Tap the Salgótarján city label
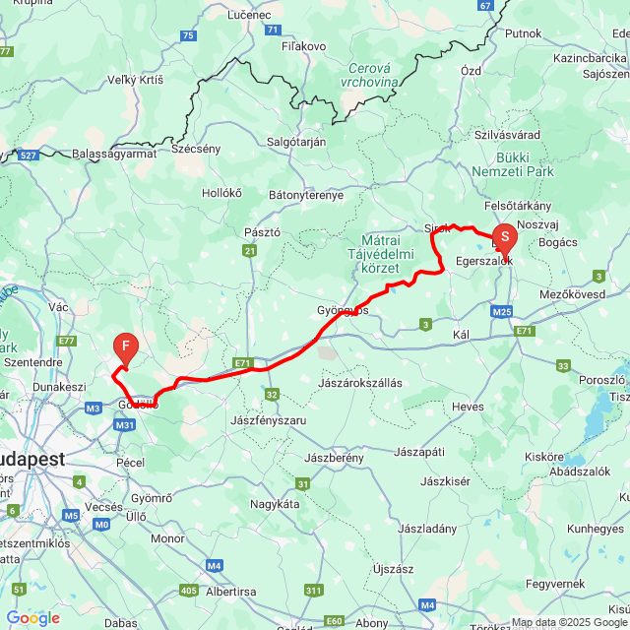point(296,142)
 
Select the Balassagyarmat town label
point(115,155)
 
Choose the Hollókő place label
point(221,193)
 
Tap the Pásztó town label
point(262,232)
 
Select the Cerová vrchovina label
point(374,76)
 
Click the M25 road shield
point(502,312)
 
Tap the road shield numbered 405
point(190,591)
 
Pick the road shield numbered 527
point(28,156)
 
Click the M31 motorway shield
point(125,425)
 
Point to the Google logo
point(32,618)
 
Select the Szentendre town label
point(32,362)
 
